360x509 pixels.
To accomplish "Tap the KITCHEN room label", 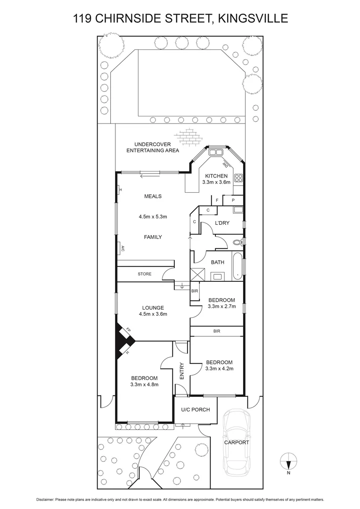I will pyautogui.click(x=216, y=176).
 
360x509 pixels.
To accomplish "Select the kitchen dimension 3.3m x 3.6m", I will pyautogui.click(x=216, y=182).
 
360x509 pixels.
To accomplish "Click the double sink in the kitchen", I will pyautogui.click(x=217, y=152).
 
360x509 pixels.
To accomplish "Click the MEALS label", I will pyautogui.click(x=153, y=196).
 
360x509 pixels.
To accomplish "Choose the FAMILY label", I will pyautogui.click(x=153, y=237).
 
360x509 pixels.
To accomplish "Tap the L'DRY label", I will pyautogui.click(x=221, y=223).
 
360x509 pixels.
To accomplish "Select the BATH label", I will pyautogui.click(x=217, y=263).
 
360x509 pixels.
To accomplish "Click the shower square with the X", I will pyautogui.click(x=196, y=274).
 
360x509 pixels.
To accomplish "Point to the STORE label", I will pyautogui.click(x=145, y=274).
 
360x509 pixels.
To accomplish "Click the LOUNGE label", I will pyautogui.click(x=153, y=308).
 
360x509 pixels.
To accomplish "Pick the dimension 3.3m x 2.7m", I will pyautogui.click(x=221, y=306).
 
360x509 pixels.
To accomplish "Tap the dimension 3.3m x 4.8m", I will pyautogui.click(x=144, y=384).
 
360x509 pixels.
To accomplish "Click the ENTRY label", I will pyautogui.click(x=182, y=371).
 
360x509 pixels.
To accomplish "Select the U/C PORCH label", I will pyautogui.click(x=196, y=410).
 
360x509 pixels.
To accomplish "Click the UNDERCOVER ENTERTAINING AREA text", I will pyautogui.click(x=156, y=147).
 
